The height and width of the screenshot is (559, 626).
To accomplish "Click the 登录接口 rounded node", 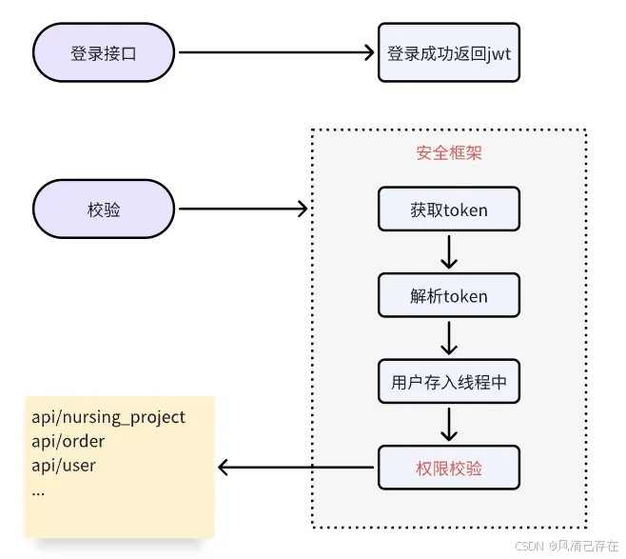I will pos(104,53).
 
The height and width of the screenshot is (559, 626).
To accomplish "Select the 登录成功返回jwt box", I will pos(449,53).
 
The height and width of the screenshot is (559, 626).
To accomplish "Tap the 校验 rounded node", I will pos(104,210).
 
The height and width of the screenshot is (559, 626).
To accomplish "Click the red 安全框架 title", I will pos(449,152).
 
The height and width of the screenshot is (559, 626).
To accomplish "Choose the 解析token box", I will pos(449,296).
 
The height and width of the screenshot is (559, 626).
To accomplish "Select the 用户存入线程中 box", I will pos(449,382).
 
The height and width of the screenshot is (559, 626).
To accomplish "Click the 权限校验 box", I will pos(449,468).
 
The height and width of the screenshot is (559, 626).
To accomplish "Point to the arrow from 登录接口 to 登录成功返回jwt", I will pos(276,53).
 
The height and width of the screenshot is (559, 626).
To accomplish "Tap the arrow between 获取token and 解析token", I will pos(449,252).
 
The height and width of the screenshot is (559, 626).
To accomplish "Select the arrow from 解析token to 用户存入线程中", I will pos(449,338).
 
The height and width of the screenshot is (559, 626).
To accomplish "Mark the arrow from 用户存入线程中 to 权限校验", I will pos(449,424).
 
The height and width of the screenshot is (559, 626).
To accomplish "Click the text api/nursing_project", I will pos(108,417).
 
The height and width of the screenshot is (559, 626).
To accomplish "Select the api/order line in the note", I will pos(68,442).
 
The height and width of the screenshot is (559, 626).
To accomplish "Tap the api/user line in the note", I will pos(64,467).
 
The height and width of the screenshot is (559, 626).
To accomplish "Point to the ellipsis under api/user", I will pos(38,490).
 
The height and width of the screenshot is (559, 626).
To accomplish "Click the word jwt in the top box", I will pos(497,54).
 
